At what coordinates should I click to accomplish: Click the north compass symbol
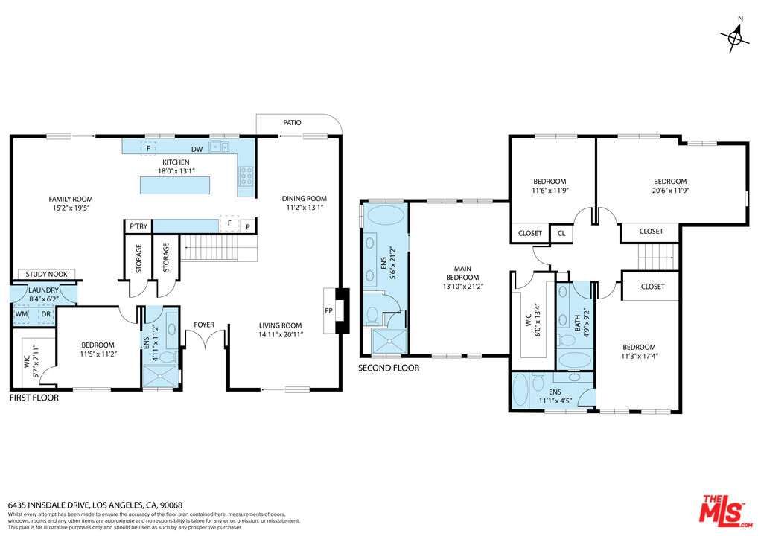[x=736, y=35]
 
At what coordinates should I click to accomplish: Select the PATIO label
[x=292, y=122]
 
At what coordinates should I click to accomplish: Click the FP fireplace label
[x=328, y=310]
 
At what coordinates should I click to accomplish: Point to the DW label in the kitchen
[x=197, y=150]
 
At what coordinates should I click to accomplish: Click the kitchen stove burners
[x=246, y=176]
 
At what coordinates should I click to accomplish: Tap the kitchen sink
[x=219, y=147]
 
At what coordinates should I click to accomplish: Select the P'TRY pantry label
[x=138, y=226]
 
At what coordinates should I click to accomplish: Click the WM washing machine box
[x=21, y=313]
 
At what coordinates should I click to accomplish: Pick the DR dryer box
[x=45, y=313]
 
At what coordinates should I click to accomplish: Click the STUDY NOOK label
[x=46, y=274]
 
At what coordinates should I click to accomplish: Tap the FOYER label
[x=204, y=325]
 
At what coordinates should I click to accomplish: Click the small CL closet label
[x=560, y=233]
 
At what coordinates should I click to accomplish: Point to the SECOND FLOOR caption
[x=389, y=368]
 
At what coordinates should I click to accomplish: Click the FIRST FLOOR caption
[x=34, y=398]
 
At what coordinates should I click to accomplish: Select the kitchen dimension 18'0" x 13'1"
[x=176, y=170]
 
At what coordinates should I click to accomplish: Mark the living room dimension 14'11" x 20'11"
[x=281, y=334]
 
